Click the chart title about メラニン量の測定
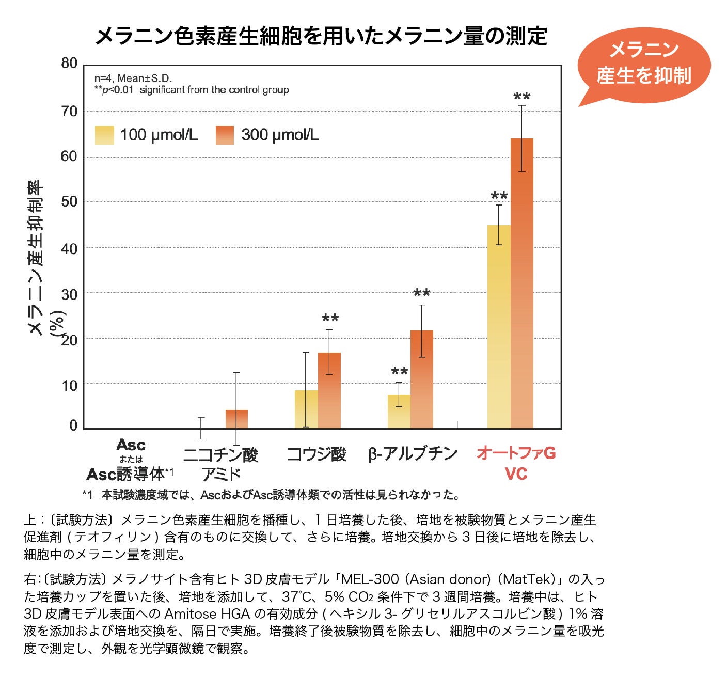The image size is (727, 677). (321, 36)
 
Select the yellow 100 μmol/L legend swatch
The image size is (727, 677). (104, 135)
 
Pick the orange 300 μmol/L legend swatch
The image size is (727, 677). (225, 135)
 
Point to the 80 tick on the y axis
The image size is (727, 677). (69, 64)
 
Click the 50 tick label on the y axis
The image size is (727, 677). (69, 202)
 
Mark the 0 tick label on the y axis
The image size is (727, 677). (73, 426)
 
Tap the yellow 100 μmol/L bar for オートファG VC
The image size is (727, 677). (499, 326)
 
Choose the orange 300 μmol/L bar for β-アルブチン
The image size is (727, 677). (421, 379)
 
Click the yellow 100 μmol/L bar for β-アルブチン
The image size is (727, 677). (399, 411)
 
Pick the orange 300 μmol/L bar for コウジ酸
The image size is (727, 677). (329, 390)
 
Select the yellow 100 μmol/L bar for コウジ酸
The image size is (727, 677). (306, 409)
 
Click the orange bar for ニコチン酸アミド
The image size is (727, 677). (236, 419)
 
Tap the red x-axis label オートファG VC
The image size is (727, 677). (516, 463)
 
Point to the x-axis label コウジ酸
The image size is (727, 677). (316, 454)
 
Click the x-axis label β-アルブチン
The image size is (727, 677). (413, 453)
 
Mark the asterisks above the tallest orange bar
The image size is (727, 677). (521, 97)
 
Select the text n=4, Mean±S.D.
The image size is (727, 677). (133, 78)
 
